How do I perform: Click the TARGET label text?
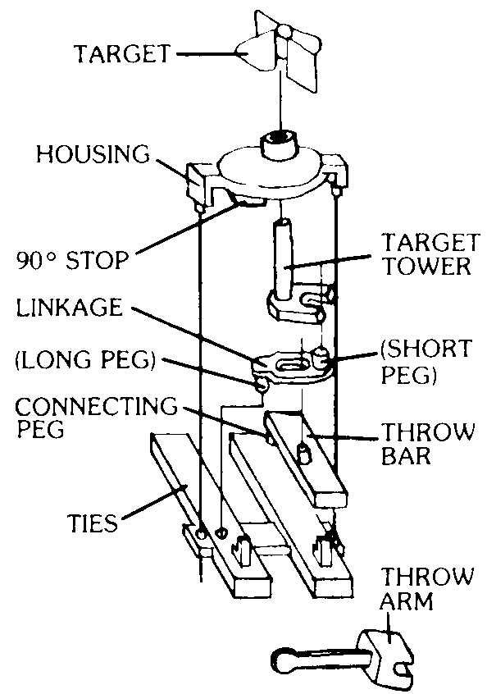pyautogui.click(x=122, y=54)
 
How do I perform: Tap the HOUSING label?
pyautogui.click(x=93, y=154)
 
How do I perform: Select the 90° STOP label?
pyautogui.click(x=72, y=260)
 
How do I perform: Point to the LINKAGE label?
pyautogui.click(x=69, y=307)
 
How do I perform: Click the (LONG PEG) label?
pyautogui.click(x=86, y=360)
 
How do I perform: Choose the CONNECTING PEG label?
pyautogui.click(x=96, y=417)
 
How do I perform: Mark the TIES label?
pyautogui.click(x=93, y=523)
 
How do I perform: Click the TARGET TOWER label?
pyautogui.click(x=430, y=254)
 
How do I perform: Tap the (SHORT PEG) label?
pyautogui.click(x=426, y=361)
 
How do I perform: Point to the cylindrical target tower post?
pyautogui.click(x=283, y=258)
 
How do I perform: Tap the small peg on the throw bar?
pyautogui.click(x=303, y=454)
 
